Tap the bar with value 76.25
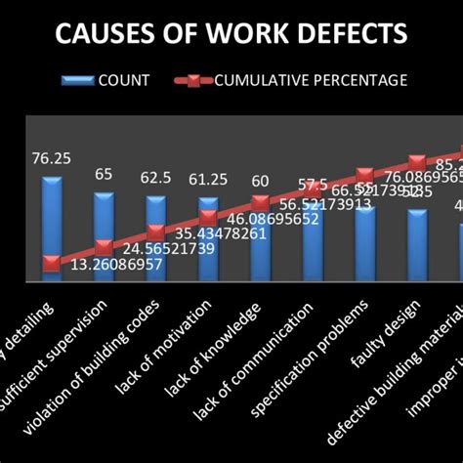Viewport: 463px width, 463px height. point(51,225)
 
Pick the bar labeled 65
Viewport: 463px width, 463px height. point(104,234)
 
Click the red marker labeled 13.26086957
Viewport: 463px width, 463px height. point(51,263)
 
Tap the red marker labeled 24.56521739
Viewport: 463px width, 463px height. point(104,248)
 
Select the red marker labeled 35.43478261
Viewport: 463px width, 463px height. point(155,232)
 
